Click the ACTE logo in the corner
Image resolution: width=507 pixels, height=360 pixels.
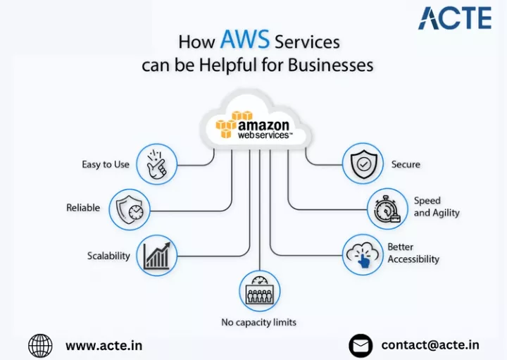point(455,18)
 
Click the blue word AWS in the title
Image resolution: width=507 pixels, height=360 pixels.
point(245,39)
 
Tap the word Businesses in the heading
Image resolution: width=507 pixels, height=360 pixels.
point(330,65)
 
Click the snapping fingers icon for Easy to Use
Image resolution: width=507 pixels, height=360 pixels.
point(157,164)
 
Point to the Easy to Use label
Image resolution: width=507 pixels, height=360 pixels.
point(106,164)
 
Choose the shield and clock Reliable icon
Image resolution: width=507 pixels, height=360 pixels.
point(130,210)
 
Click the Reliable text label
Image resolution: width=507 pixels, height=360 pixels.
point(83,208)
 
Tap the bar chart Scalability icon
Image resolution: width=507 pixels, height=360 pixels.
point(157,256)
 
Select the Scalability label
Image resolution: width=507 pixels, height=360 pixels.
point(108,256)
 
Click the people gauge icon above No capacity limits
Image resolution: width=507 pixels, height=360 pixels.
point(260,291)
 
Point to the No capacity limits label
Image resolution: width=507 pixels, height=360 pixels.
point(258,322)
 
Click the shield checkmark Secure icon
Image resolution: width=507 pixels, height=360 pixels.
point(363,163)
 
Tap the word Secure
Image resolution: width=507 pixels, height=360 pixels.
point(406,164)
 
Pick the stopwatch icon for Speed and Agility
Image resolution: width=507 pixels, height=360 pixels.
point(388,209)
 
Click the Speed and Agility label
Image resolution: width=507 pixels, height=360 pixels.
point(437,206)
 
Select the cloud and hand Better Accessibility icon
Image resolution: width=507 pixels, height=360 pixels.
point(363,255)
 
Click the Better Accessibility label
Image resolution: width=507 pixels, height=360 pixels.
point(413,253)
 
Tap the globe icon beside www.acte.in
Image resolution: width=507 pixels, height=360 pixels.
point(40,346)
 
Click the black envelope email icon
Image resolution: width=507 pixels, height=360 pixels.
point(361,346)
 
